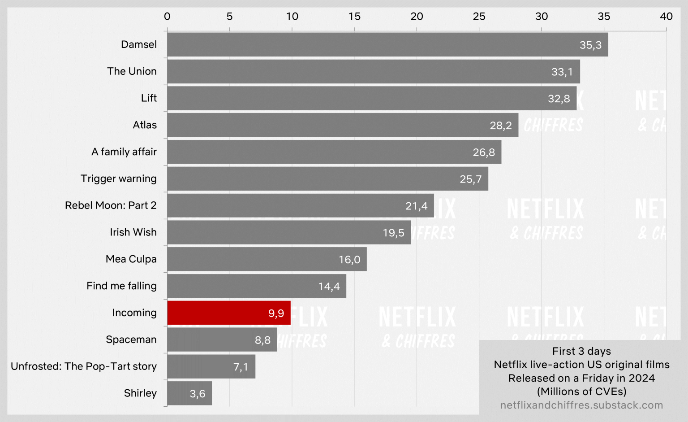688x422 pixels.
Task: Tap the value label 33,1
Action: (562, 72)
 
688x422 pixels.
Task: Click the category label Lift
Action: (149, 98)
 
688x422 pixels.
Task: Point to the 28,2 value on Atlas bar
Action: (500, 126)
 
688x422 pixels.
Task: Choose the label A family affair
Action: (124, 152)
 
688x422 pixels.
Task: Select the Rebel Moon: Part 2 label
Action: (111, 205)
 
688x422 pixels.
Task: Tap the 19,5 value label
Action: (393, 233)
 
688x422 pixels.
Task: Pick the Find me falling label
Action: (121, 286)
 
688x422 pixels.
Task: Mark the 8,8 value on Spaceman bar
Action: (262, 340)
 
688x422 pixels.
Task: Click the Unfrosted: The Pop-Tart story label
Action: (84, 366)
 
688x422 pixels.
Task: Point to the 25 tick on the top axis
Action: (479, 17)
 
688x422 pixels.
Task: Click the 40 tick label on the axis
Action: (666, 17)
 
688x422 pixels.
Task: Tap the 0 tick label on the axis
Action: (167, 17)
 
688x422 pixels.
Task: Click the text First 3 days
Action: (581, 351)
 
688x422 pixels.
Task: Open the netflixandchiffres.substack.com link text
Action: (581, 405)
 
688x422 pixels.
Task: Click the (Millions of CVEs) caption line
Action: (581, 392)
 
